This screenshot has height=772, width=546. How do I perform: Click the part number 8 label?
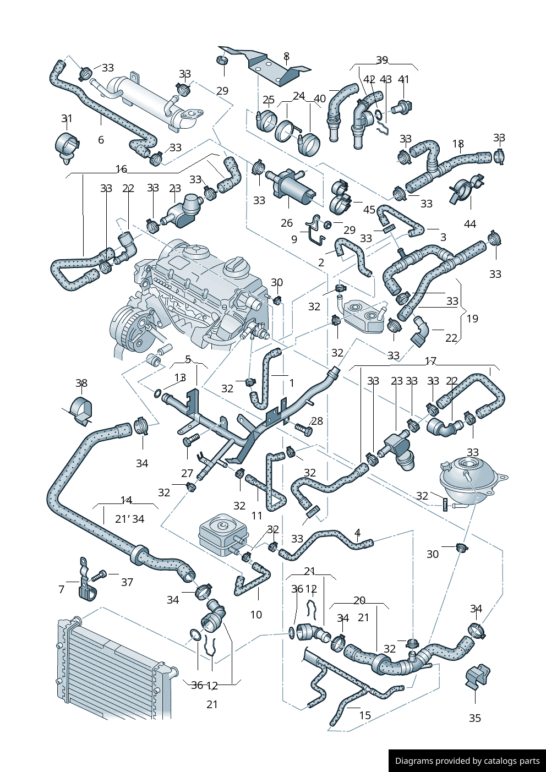click(x=286, y=56)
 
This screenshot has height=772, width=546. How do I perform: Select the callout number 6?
click(x=101, y=140)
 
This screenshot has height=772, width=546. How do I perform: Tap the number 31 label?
click(x=67, y=118)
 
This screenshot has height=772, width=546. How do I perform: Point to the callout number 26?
click(x=287, y=223)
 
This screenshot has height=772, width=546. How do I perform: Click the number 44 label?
click(x=470, y=224)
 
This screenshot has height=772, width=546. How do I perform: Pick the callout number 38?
click(x=81, y=383)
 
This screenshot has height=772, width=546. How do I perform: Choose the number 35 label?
click(x=475, y=718)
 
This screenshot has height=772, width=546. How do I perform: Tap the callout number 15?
click(x=365, y=715)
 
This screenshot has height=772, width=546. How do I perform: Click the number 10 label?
click(x=256, y=615)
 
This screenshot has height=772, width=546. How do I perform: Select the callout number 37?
click(x=127, y=582)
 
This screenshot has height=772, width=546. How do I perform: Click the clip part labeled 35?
click(x=477, y=676)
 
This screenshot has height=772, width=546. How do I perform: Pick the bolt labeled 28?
click(x=303, y=428)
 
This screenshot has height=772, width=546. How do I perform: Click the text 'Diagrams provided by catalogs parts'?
click(x=467, y=761)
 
